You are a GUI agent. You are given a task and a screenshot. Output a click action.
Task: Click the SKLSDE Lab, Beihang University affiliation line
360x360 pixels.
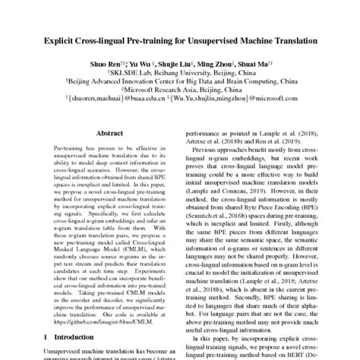coord(180,77)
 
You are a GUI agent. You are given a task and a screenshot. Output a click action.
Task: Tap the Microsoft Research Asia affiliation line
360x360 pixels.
coord(180,98)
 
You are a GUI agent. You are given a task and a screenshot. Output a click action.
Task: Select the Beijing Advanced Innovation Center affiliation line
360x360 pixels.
coord(180,87)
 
